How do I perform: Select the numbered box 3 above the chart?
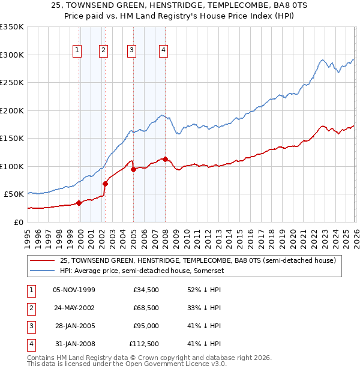tap(131, 51)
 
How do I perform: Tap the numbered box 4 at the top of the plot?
tap(163, 51)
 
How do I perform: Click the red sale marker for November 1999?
tap(79, 203)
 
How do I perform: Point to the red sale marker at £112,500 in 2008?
tap(165, 159)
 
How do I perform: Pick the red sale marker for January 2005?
tap(133, 169)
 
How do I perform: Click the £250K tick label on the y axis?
tap(12, 82)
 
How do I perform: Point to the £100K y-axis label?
tap(12, 166)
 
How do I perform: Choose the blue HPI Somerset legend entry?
tap(139, 270)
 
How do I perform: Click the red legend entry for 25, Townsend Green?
tap(198, 260)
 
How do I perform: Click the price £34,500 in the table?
tap(146, 290)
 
